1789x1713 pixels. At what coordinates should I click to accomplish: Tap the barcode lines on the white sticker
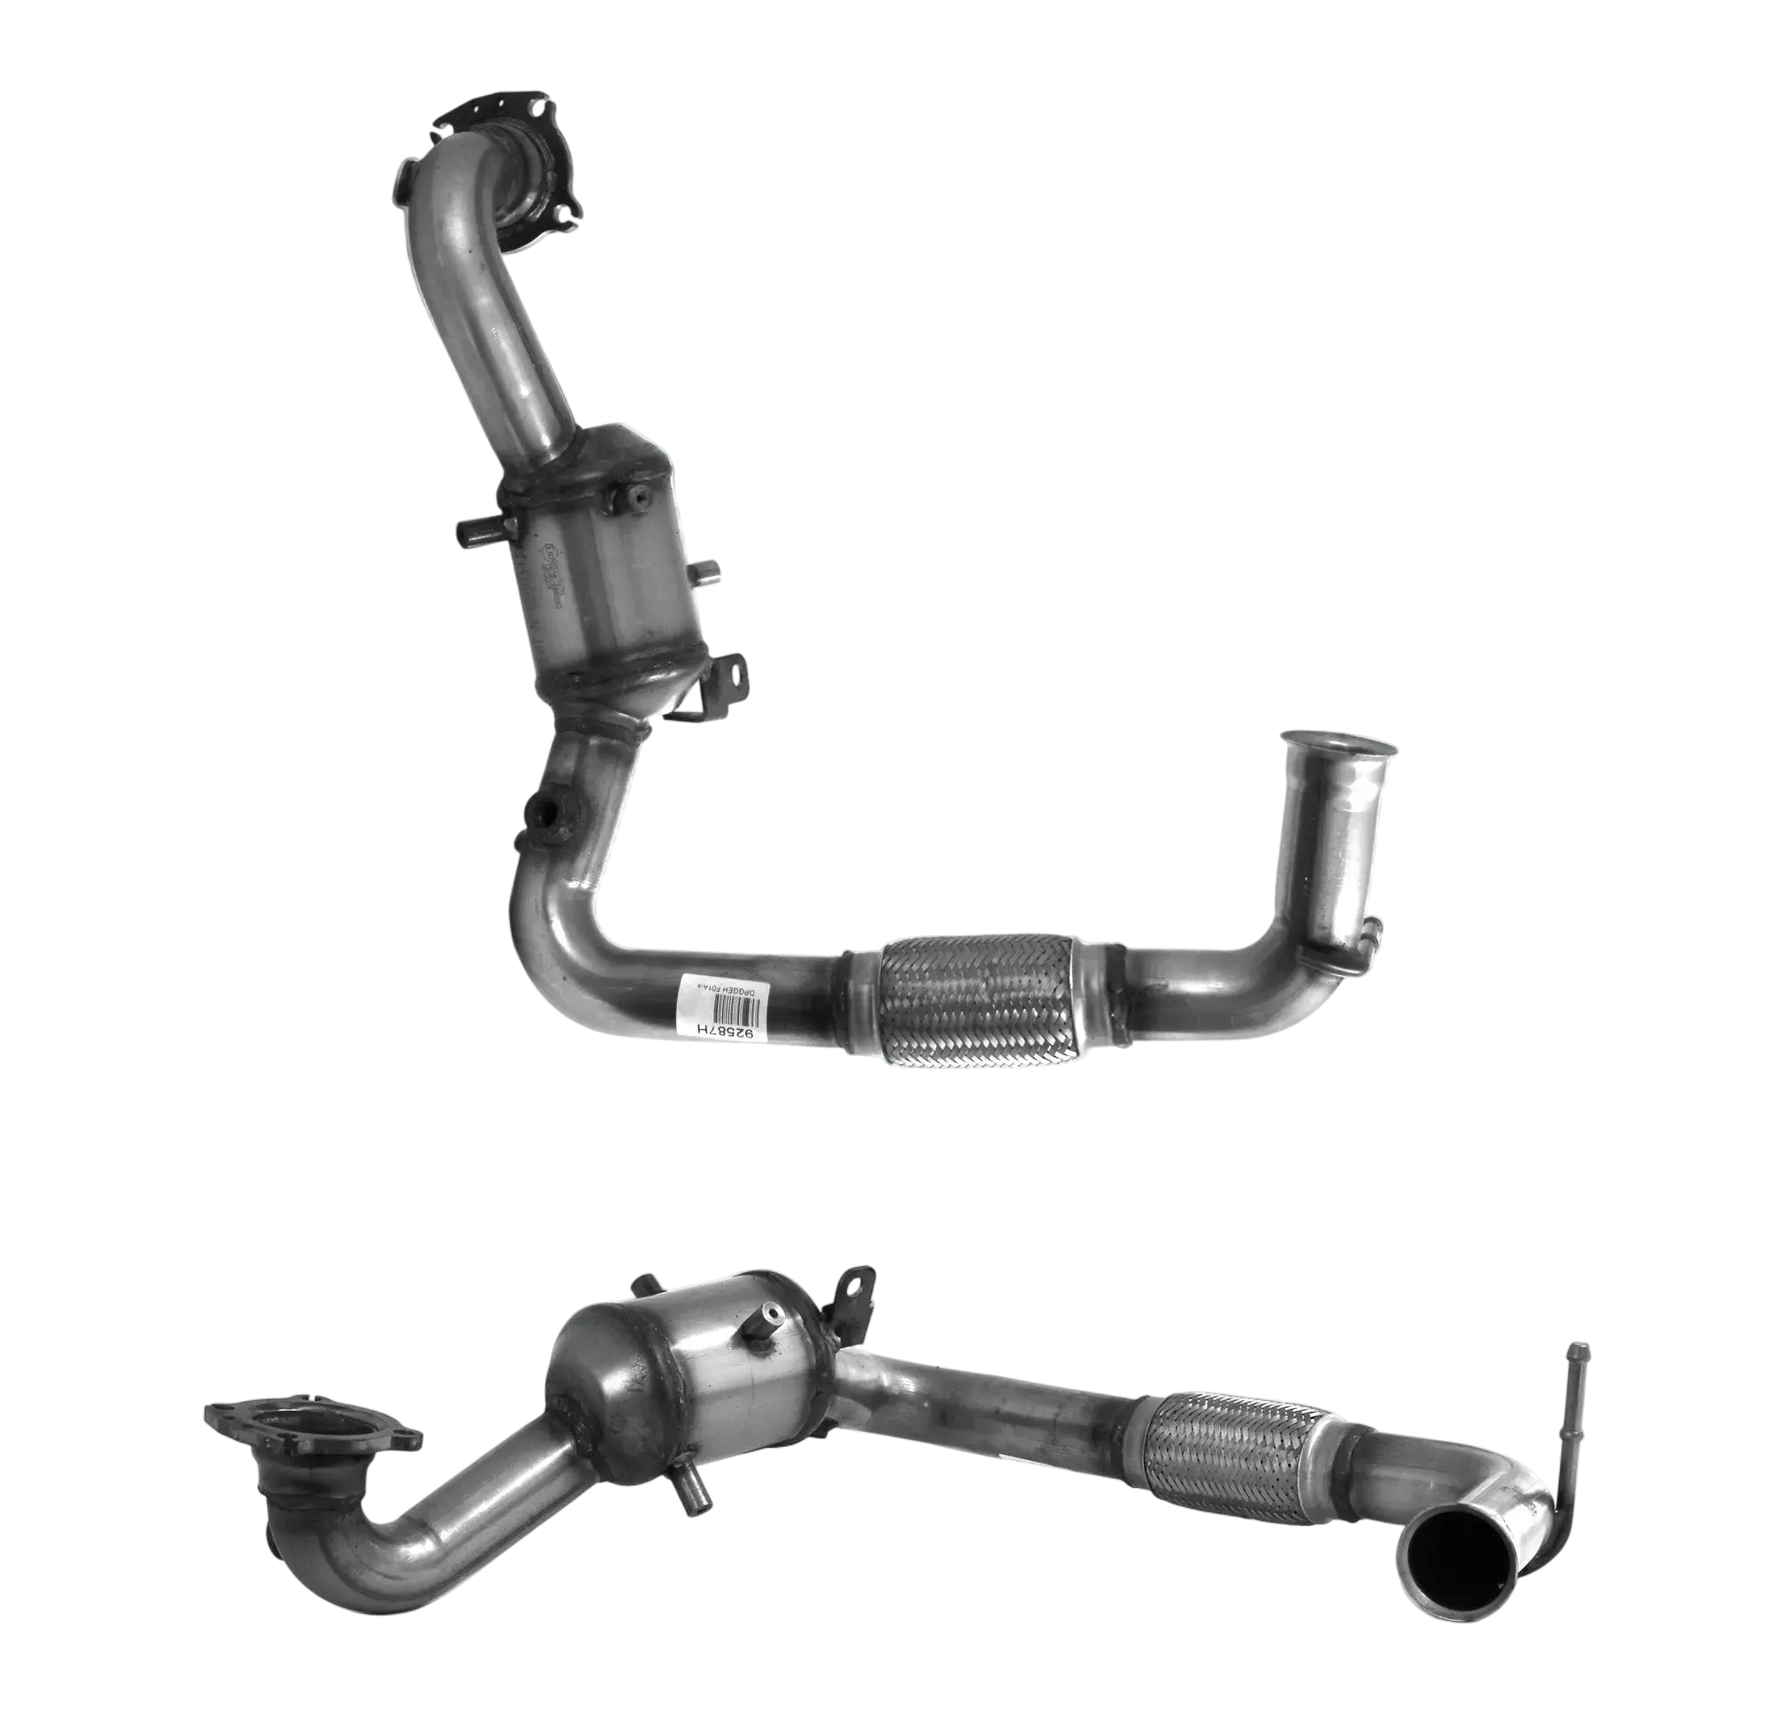[735, 1010]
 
